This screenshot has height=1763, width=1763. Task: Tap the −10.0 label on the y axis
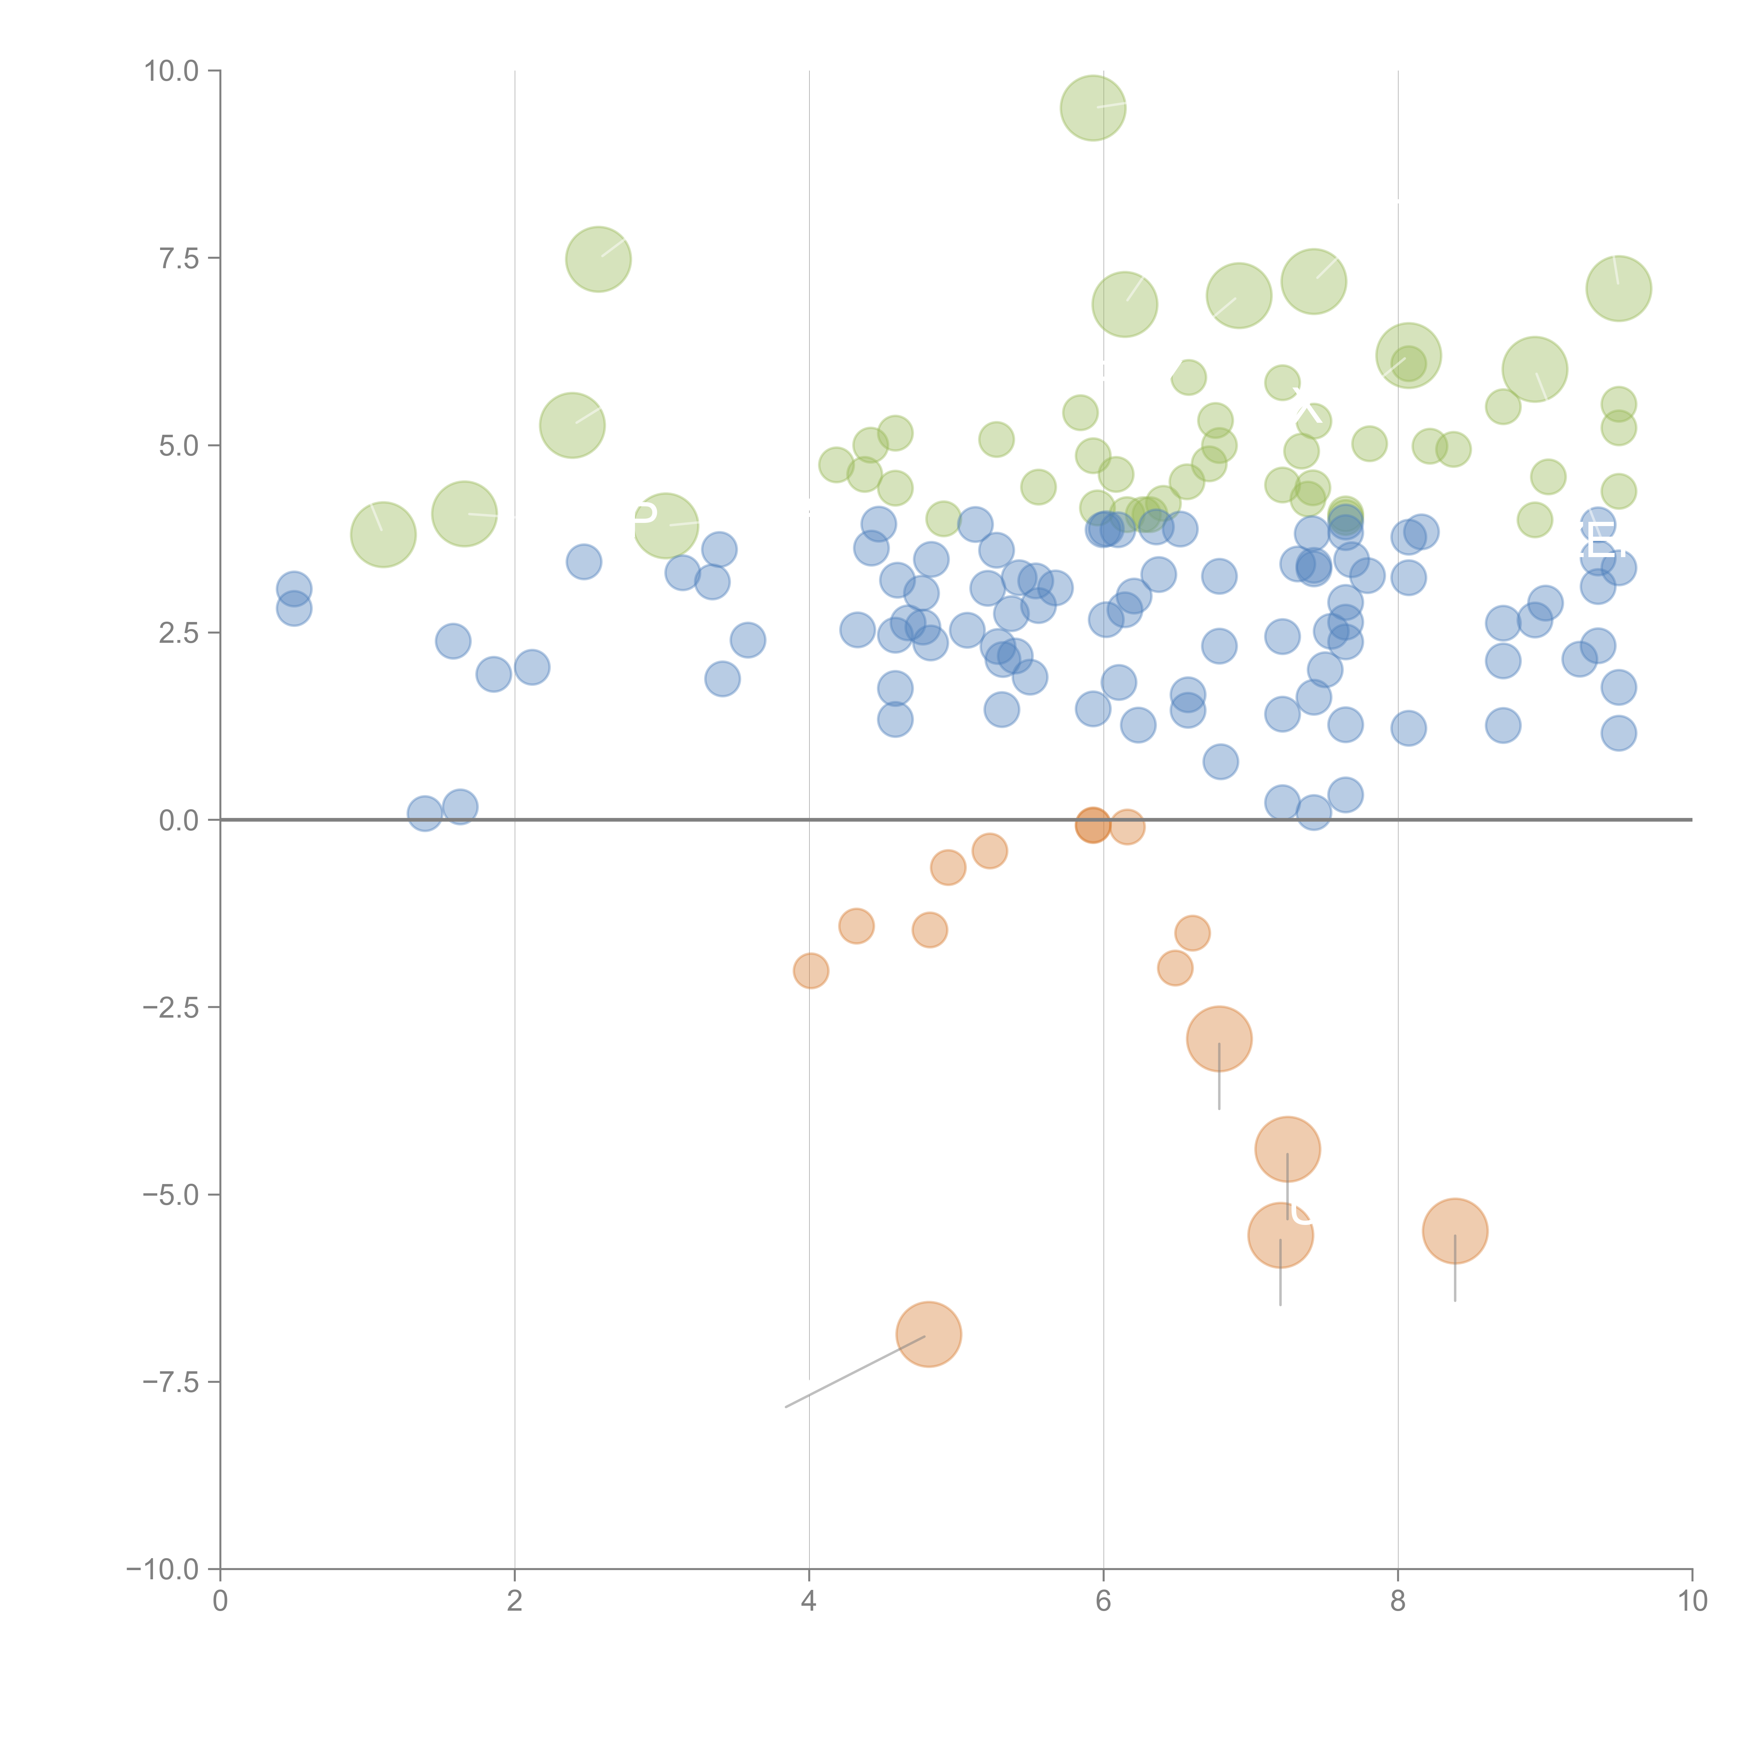[x=163, y=1569]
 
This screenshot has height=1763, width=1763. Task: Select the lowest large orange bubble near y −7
[x=929, y=1334]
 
